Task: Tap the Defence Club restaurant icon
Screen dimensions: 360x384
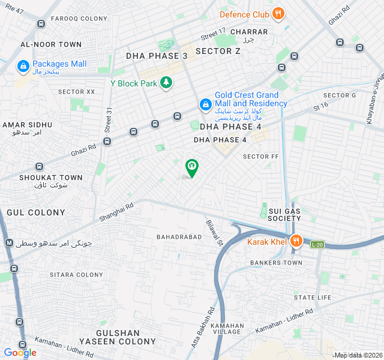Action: [x=277, y=14]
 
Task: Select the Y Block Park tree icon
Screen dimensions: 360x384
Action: [x=166, y=83]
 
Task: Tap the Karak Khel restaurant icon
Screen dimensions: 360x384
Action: [x=296, y=242]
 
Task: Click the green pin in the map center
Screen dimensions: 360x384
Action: [x=191, y=167]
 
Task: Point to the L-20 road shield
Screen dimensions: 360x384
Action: [x=317, y=244]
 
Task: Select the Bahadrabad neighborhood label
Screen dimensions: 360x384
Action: [x=179, y=237]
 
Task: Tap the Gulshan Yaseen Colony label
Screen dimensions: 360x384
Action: [x=126, y=337]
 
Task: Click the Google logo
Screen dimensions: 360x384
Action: [x=20, y=353]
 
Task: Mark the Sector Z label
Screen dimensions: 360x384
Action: [x=218, y=51]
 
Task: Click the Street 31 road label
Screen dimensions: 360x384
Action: [x=109, y=120]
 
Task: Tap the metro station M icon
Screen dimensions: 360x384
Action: [x=9, y=243]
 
